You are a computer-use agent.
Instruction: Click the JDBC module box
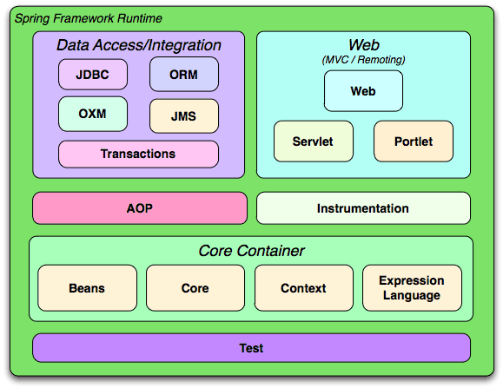tap(93, 75)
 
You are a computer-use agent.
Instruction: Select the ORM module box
tap(184, 75)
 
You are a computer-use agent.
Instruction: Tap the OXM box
tap(93, 114)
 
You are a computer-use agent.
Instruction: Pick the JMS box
tap(184, 116)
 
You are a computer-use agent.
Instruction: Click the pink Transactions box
tap(138, 154)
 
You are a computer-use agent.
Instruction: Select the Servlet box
tap(313, 141)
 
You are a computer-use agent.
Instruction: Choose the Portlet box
tap(414, 141)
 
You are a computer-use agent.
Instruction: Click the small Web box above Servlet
tap(363, 91)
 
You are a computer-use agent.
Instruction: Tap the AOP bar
tap(140, 208)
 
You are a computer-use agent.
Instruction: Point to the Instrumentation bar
tap(363, 208)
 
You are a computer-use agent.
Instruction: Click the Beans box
tap(87, 287)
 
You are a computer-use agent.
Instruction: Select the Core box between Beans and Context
tap(195, 287)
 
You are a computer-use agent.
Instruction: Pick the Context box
tap(303, 287)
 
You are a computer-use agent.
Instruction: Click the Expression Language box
tap(412, 287)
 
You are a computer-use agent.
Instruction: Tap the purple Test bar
tap(251, 348)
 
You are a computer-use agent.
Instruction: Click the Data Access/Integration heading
tap(139, 45)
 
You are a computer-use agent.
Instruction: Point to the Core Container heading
tap(251, 251)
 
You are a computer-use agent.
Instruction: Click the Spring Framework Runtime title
tap(89, 18)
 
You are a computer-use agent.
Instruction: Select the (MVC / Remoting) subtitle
tap(363, 60)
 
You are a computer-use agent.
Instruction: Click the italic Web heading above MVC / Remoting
tap(364, 45)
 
